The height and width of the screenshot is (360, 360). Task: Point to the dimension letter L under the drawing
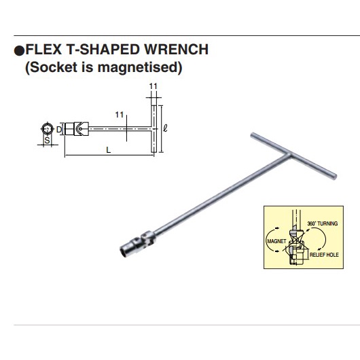pyautogui.click(x=109, y=151)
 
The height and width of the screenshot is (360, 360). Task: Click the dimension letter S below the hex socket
pyautogui.click(x=47, y=140)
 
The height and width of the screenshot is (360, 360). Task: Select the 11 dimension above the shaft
pyautogui.click(x=120, y=114)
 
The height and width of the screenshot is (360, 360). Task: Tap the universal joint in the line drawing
pyautogui.click(x=81, y=126)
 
